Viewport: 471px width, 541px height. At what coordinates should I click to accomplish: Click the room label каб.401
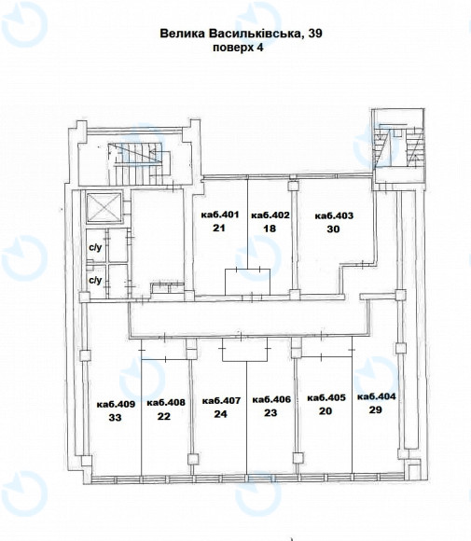pyautogui.click(x=220, y=215)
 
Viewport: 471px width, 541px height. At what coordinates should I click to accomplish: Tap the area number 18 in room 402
pyautogui.click(x=270, y=229)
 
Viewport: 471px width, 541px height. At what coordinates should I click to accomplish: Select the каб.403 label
pyautogui.click(x=334, y=215)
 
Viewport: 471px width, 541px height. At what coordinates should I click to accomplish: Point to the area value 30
pyautogui.click(x=333, y=229)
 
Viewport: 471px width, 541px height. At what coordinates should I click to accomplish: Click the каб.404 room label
pyautogui.click(x=376, y=396)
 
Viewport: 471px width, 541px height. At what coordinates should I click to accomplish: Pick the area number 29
pyautogui.click(x=376, y=409)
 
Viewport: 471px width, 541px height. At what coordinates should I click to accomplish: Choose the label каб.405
pyautogui.click(x=326, y=397)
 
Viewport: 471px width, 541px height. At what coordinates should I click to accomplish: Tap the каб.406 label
pyautogui.click(x=271, y=399)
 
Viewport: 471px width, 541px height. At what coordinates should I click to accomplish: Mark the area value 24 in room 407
pyautogui.click(x=220, y=414)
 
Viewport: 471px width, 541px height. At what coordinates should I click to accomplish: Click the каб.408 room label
pyautogui.click(x=166, y=402)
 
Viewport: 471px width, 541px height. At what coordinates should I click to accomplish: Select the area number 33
pyautogui.click(x=116, y=418)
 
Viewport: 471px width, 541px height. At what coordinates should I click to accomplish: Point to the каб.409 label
pyautogui.click(x=116, y=404)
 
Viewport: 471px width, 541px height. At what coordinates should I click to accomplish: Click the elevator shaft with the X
pyautogui.click(x=104, y=208)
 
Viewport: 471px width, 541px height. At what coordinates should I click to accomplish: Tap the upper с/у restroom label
pyautogui.click(x=95, y=247)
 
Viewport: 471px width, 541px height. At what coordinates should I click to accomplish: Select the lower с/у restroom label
pyautogui.click(x=95, y=280)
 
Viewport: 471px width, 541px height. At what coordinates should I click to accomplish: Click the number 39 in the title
pyautogui.click(x=315, y=34)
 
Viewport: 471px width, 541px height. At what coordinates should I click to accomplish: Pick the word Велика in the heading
pyautogui.click(x=182, y=34)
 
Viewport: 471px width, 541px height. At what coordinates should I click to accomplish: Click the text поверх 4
pyautogui.click(x=238, y=48)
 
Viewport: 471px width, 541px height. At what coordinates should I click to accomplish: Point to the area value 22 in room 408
pyautogui.click(x=164, y=416)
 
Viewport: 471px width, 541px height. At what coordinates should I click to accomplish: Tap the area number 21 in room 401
pyautogui.click(x=219, y=228)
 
